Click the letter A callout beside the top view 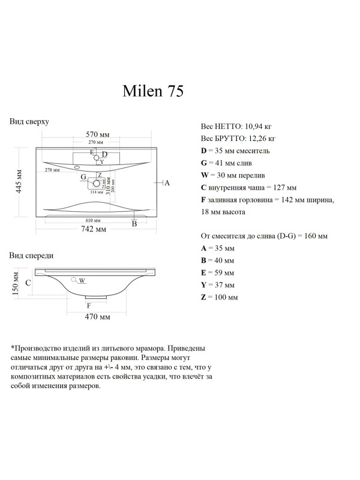point(167,182)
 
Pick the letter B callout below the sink point(134,224)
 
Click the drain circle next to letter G point(93,179)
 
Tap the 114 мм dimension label point(93,192)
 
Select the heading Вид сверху point(29,122)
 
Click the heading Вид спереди point(31,255)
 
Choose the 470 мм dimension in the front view point(98,316)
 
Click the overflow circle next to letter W point(74,280)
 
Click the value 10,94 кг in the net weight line point(259,127)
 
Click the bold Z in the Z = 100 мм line point(203,298)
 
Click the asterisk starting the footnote point(13,347)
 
